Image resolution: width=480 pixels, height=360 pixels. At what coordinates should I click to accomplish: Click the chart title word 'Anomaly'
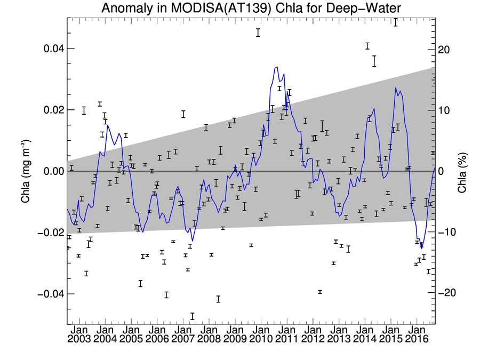pos(126,9)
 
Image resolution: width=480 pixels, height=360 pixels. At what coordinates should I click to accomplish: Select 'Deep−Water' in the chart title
pos(363,8)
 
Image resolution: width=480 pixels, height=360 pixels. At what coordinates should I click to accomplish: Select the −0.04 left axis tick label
pos(51,294)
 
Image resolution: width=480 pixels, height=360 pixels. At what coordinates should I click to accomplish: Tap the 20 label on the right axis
pos(444,50)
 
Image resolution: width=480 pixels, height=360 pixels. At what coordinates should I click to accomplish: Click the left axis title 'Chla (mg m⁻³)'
pos(26,171)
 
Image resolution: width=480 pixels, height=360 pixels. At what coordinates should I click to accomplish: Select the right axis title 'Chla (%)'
pos(462,173)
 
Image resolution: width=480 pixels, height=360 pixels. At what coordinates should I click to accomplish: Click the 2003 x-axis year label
pos(79,339)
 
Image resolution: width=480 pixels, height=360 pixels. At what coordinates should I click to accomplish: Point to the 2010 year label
pos(261,339)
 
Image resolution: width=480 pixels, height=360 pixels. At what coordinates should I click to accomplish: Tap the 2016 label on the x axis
pos(417,339)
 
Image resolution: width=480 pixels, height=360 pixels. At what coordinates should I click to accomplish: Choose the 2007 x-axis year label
pos(183,339)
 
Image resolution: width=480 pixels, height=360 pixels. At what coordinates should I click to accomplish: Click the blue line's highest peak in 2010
pos(277,67)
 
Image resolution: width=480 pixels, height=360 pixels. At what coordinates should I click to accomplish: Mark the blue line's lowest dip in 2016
pos(422,248)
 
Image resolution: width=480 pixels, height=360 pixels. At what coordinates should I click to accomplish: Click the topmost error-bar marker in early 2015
pos(396,22)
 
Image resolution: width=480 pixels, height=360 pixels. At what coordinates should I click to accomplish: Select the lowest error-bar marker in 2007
pos(192,316)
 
